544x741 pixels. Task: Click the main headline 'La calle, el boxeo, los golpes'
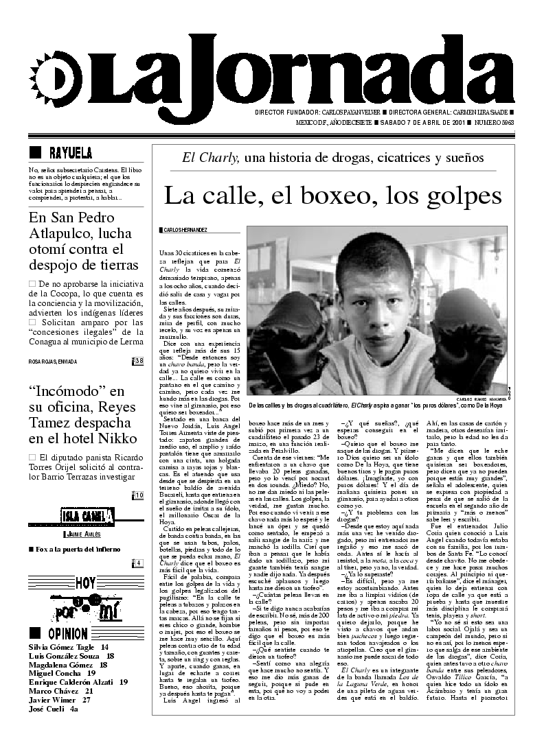click(x=333, y=197)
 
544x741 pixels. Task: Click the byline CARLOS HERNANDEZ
click(x=183, y=230)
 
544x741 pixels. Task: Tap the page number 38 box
click(x=138, y=361)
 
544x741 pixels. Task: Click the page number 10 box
click(x=138, y=495)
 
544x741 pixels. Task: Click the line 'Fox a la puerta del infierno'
click(x=68, y=550)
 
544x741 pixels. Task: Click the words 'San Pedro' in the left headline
click(x=98, y=219)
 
